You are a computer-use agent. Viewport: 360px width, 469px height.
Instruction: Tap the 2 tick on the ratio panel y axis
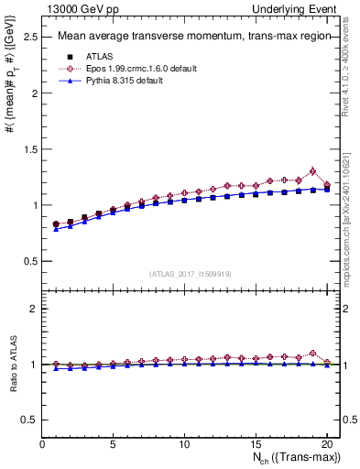(34, 309)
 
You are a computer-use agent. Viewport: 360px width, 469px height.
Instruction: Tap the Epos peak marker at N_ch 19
(312, 171)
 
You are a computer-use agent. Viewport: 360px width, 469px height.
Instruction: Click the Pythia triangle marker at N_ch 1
(56, 229)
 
